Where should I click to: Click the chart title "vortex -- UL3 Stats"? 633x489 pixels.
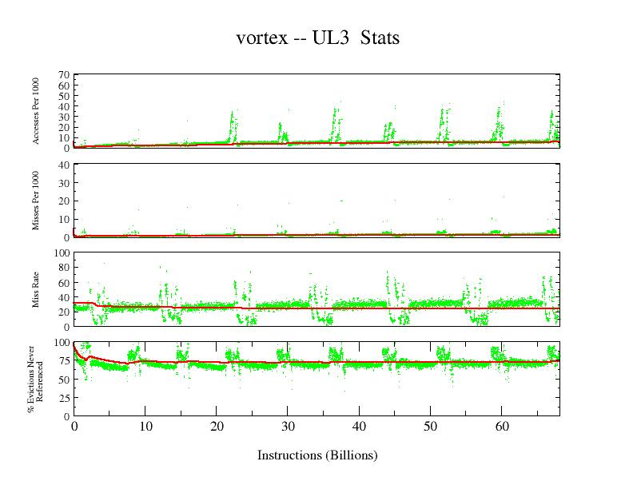pos(317,38)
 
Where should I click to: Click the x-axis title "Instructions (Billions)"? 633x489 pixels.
pos(317,455)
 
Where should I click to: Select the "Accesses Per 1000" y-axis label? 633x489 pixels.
pos(36,111)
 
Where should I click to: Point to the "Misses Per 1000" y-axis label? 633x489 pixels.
pos(36,201)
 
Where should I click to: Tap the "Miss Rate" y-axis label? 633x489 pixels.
pos(36,289)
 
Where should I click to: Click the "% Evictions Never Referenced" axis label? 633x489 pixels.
pos(36,379)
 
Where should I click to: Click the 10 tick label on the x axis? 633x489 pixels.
pos(145,427)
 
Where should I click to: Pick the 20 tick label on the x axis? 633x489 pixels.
pos(216,427)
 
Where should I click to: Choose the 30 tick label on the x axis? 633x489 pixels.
pos(288,427)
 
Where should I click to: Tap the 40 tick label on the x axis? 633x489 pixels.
pos(359,427)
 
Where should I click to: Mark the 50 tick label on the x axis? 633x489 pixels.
pos(430,427)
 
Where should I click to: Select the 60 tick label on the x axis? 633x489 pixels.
pos(501,427)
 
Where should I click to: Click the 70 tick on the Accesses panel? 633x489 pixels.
pos(62,75)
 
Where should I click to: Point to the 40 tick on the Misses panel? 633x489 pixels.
pos(62,165)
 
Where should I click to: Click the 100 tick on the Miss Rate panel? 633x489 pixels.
pos(60,253)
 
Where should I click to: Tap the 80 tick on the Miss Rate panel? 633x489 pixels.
pos(62,268)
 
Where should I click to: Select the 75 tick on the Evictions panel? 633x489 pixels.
pos(62,360)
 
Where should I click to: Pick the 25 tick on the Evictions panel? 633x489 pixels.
pos(62,398)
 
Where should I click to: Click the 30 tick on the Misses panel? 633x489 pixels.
pos(62,183)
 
